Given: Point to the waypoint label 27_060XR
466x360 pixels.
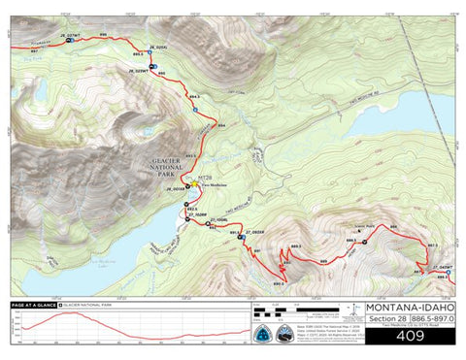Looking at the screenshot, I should click(254, 233).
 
